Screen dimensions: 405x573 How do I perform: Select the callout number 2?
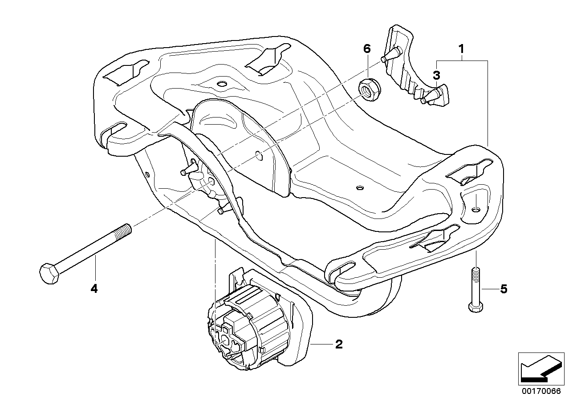339,344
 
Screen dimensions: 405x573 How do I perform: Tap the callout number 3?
437,74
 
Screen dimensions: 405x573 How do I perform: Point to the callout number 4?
93,289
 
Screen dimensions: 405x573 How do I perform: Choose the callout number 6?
366,49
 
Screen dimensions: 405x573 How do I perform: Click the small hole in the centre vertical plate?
259,155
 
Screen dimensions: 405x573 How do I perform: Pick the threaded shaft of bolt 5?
475,283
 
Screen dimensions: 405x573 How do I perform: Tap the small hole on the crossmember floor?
359,188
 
